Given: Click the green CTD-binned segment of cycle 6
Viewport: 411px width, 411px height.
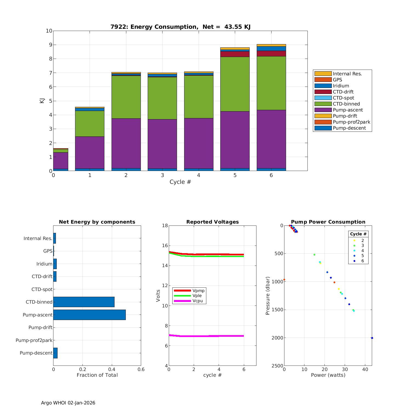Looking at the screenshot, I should [x=271, y=83].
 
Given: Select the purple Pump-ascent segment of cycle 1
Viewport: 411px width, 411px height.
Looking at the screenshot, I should [x=90, y=152].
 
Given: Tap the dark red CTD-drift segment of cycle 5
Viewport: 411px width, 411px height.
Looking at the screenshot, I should [x=235, y=54].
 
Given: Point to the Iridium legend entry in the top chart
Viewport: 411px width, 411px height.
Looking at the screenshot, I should [x=341, y=86].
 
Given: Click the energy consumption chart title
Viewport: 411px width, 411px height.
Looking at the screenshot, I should [x=180, y=27].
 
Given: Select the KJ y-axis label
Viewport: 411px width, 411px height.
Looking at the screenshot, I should [x=42, y=101].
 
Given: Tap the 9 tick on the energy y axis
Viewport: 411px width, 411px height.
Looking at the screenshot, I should [x=49, y=45].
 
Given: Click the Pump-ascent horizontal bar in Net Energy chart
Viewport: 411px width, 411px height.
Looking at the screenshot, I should [x=89, y=315].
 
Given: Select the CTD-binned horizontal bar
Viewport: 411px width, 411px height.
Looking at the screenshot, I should [x=84, y=302].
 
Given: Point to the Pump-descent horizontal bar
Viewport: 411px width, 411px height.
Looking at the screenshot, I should [x=55, y=353].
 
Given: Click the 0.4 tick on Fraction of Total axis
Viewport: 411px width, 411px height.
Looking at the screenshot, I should [x=112, y=369].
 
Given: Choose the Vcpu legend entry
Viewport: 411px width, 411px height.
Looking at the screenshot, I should [x=198, y=301].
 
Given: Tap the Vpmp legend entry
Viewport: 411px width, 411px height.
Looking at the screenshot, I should [x=198, y=290].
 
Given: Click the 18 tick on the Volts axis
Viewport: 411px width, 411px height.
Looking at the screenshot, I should [x=165, y=226].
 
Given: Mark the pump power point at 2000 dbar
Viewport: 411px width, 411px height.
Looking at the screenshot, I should [x=372, y=338].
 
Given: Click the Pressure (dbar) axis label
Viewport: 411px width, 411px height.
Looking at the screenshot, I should [x=268, y=296].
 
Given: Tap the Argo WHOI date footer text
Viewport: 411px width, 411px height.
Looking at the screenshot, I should [x=68, y=403].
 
